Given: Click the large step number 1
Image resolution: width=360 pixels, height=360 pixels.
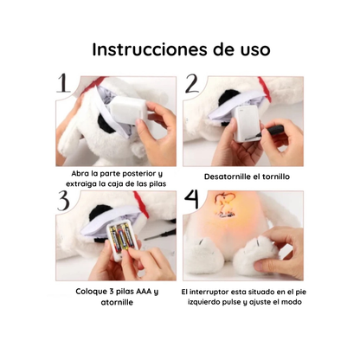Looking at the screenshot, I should pyautogui.click(x=62, y=84).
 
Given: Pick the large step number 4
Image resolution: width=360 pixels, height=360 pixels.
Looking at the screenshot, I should pyautogui.click(x=192, y=202).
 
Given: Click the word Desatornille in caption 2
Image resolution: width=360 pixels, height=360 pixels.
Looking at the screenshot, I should pyautogui.click(x=225, y=177).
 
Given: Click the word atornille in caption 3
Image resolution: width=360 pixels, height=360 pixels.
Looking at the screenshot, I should pyautogui.click(x=117, y=304).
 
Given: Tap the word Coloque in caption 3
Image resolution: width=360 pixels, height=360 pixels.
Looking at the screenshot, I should pyautogui.click(x=93, y=292).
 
